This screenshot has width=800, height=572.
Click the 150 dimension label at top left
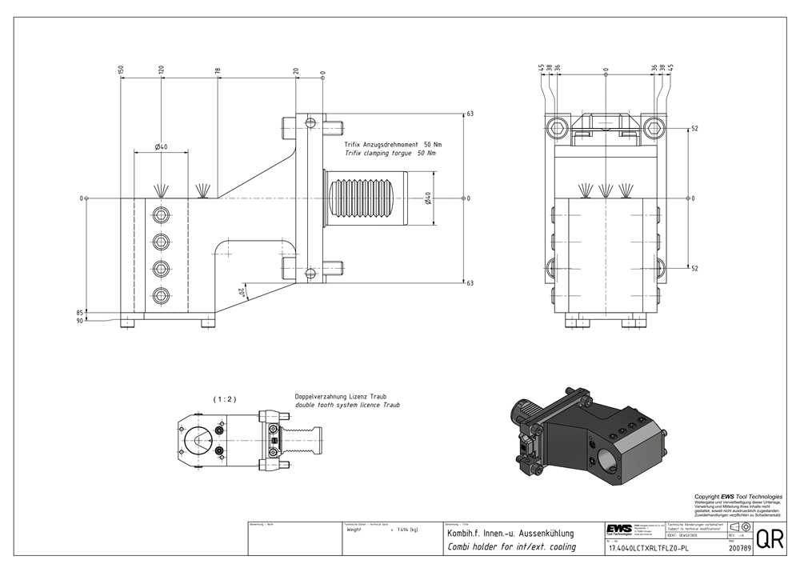[121, 71]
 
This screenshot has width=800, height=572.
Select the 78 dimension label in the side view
[218, 71]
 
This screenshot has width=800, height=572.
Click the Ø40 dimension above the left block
[161, 147]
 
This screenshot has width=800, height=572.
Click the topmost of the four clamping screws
[162, 215]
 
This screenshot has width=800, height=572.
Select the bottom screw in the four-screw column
[162, 296]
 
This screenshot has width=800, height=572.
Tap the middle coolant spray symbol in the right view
[606, 190]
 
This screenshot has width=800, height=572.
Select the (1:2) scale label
[224, 398]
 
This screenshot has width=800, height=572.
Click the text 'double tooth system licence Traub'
[347, 406]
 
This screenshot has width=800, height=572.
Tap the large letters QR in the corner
[770, 539]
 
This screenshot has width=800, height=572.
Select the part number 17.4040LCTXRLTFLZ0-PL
[648, 549]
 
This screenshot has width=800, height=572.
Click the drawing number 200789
[740, 549]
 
